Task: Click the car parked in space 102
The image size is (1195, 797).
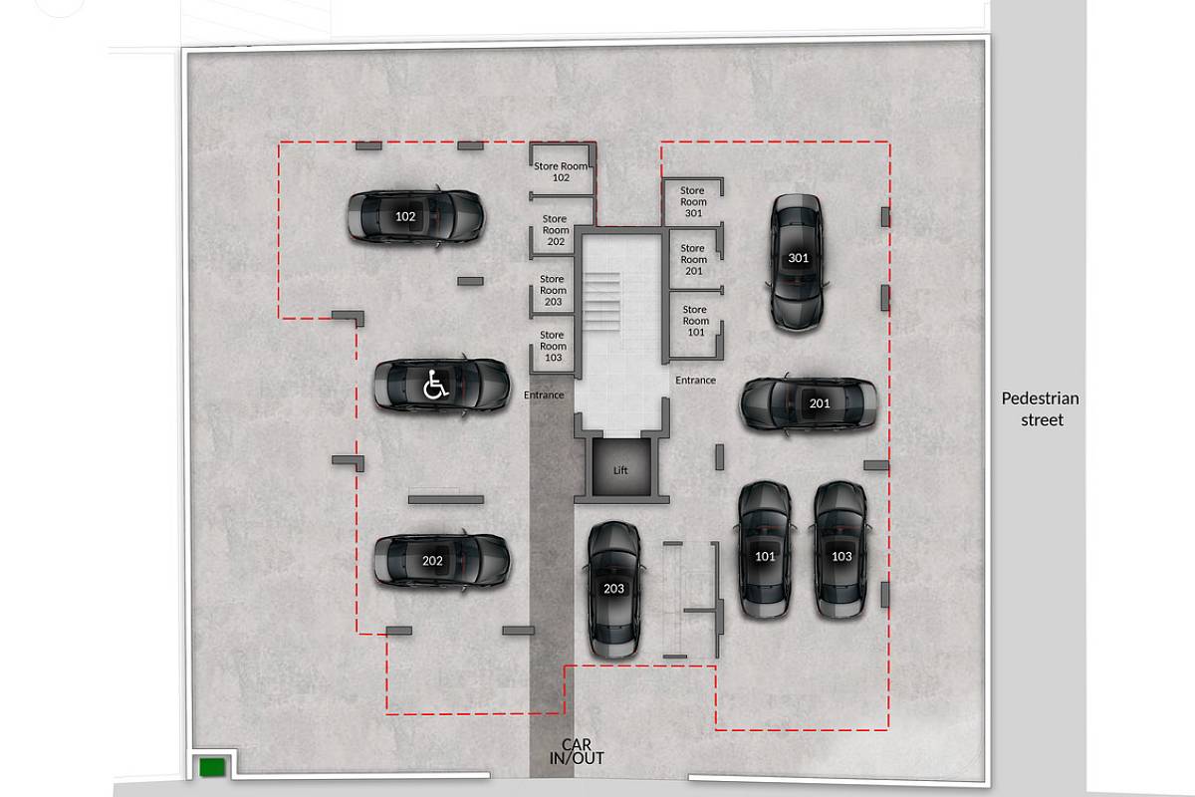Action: click(415, 217)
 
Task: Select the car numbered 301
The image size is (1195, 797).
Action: click(797, 263)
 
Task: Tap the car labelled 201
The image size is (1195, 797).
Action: click(809, 403)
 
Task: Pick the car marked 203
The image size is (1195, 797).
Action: click(613, 590)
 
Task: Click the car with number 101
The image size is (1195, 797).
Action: click(765, 550)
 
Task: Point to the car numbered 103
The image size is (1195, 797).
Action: click(840, 550)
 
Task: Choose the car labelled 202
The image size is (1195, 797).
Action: click(442, 561)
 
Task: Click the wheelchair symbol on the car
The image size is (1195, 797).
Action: click(435, 385)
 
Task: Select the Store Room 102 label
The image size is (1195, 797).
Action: click(561, 172)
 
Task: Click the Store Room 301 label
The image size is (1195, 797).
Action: click(693, 202)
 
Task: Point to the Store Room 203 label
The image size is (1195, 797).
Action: click(553, 290)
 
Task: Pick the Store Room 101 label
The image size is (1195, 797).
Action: click(696, 321)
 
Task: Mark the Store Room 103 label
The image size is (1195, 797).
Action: click(553, 346)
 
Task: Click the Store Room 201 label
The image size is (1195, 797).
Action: click(693, 259)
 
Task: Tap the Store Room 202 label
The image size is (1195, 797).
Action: click(556, 230)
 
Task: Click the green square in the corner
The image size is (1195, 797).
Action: click(212, 767)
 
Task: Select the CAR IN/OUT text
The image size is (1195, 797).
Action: click(577, 751)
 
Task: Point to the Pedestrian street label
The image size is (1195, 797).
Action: click(1041, 408)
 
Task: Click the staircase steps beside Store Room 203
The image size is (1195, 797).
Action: click(602, 302)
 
